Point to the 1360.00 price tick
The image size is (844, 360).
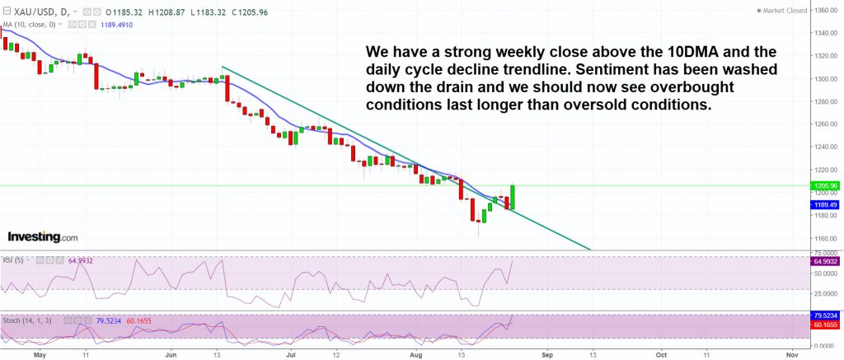click(x=826, y=10)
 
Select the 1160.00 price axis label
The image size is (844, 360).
click(x=826, y=239)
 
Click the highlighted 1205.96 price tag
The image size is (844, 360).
click(x=826, y=185)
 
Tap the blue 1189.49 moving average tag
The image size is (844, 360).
click(x=826, y=205)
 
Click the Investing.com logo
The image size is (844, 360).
click(x=42, y=237)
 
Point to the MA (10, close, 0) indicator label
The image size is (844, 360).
click(x=30, y=25)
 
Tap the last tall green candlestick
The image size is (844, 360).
click(x=513, y=197)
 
